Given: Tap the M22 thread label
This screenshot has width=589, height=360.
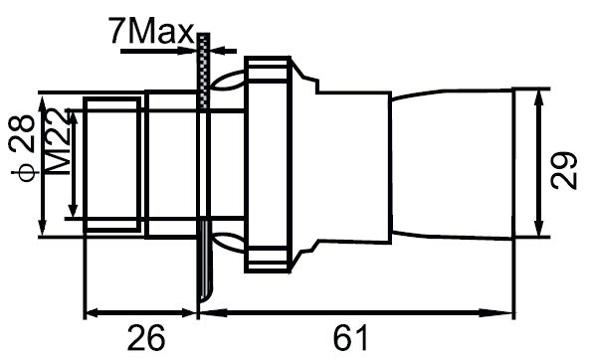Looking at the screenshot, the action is pyautogui.click(x=59, y=142).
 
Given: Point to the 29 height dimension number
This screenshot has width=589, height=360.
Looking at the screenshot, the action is pyautogui.click(x=563, y=170).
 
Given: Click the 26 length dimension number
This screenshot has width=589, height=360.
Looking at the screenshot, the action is pyautogui.click(x=145, y=337).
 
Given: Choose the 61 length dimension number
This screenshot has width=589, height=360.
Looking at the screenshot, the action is pyautogui.click(x=350, y=337).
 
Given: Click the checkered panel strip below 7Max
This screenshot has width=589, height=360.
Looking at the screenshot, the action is pyautogui.click(x=204, y=72).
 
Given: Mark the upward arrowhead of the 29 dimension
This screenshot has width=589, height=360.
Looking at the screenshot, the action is pyautogui.click(x=539, y=98).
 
